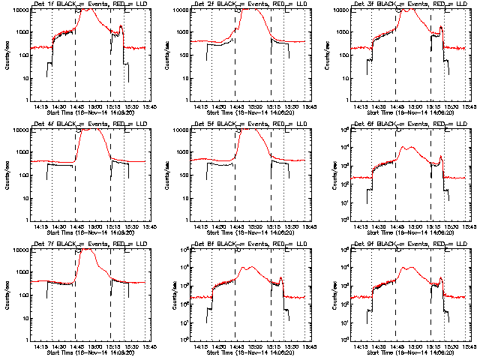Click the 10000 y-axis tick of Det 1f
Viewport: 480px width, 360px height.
coord(20,10)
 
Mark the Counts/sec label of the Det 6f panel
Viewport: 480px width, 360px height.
coord(326,174)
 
